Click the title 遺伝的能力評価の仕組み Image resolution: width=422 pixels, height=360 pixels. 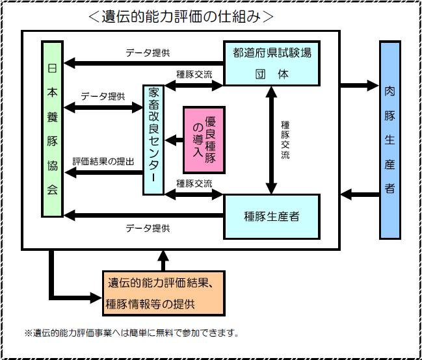[x=181, y=16]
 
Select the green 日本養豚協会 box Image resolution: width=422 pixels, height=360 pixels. [x=52, y=129]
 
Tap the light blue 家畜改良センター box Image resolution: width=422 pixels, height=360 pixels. [x=153, y=139]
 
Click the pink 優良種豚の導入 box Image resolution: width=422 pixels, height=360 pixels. [x=204, y=139]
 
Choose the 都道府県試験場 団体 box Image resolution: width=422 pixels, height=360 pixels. [x=272, y=63]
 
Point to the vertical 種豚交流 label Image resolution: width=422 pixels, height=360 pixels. [x=286, y=139]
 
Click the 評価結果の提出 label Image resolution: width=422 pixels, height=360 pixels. [x=103, y=162]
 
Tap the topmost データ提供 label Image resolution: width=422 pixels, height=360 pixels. [x=148, y=53]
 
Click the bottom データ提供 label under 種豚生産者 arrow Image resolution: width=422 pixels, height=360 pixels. [x=148, y=228]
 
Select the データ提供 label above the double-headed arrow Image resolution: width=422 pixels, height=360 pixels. [x=103, y=97]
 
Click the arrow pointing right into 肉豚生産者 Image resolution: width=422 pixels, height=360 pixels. [x=360, y=84]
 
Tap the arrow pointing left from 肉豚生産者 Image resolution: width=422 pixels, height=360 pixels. [x=360, y=194]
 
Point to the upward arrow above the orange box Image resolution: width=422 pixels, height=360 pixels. [x=163, y=259]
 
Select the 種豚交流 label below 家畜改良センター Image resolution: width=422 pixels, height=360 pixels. [x=194, y=183]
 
